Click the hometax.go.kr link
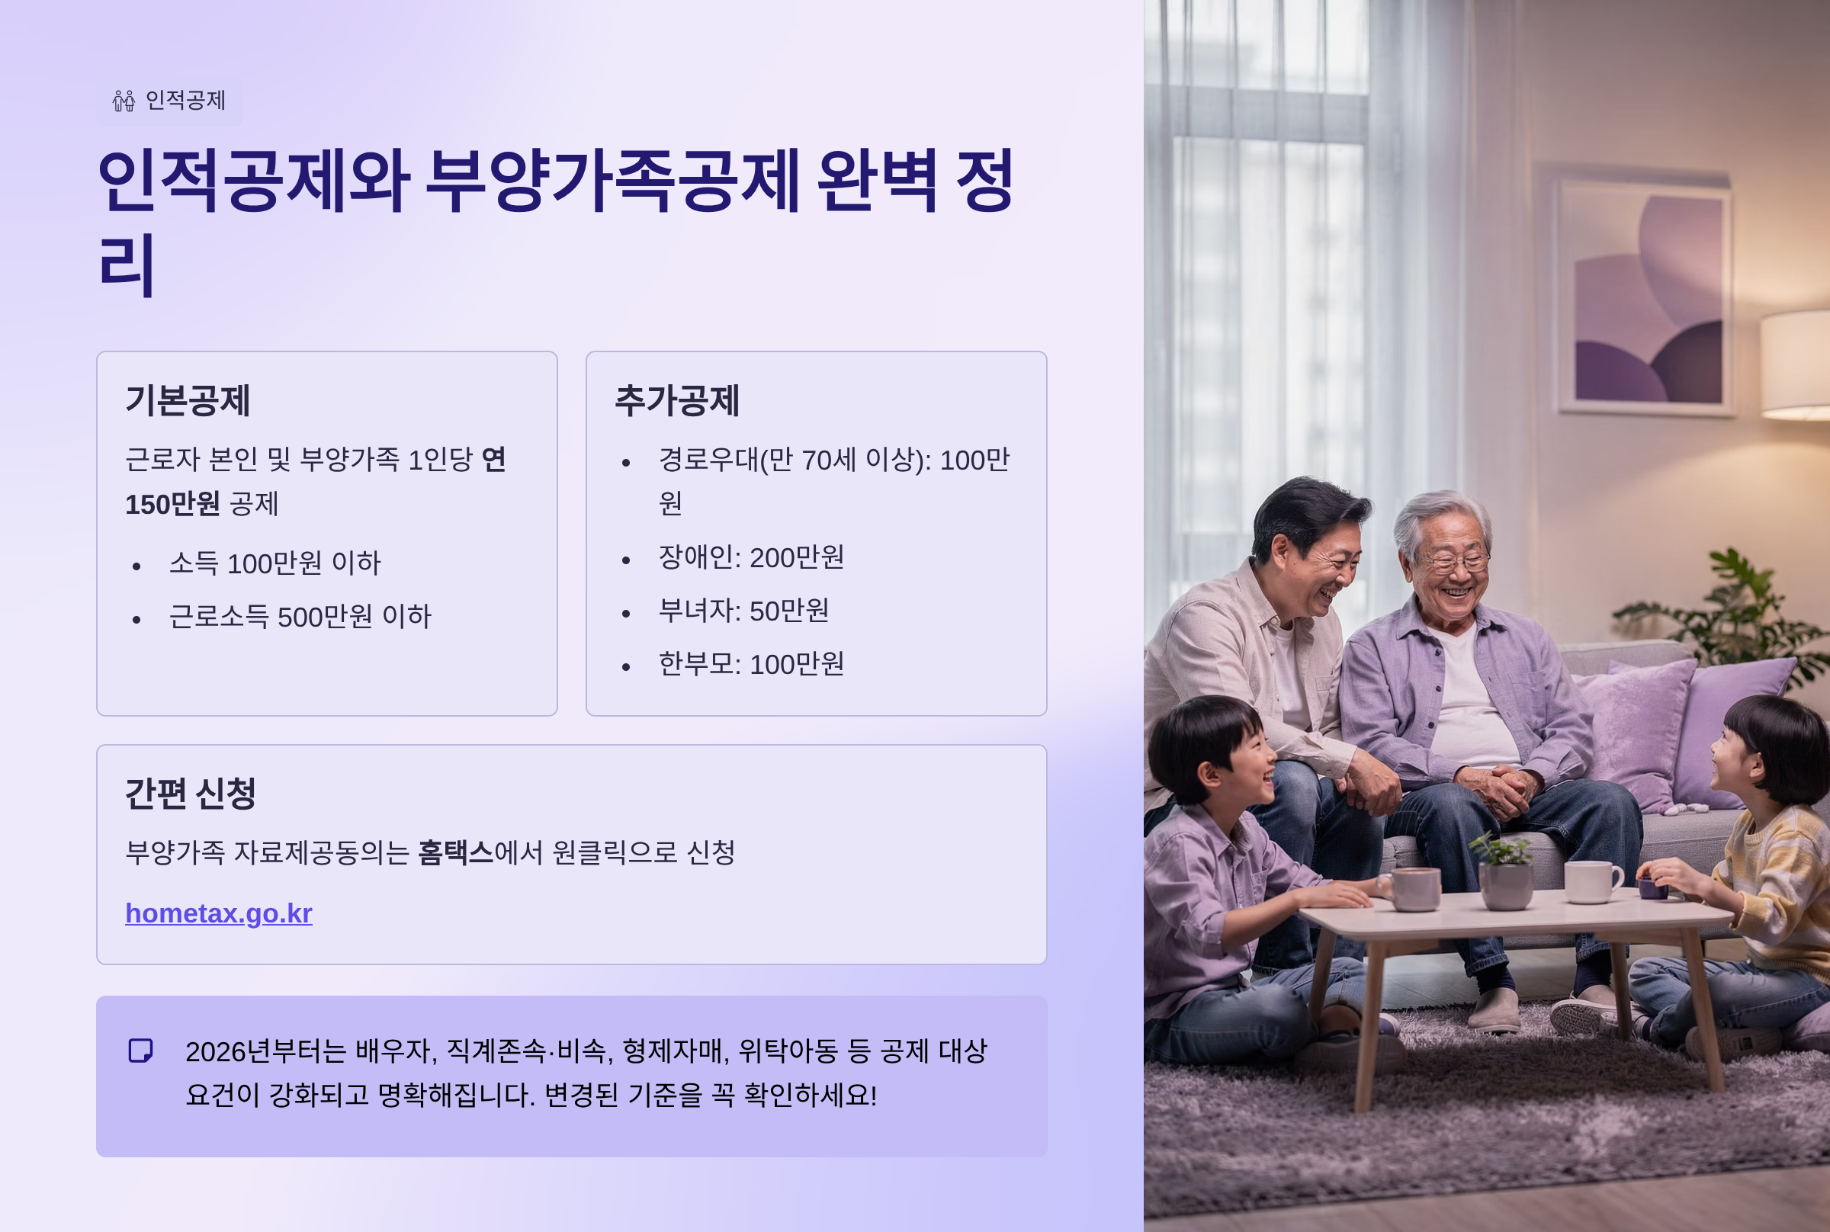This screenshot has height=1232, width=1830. tap(218, 913)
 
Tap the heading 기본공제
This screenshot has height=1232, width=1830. tap(188, 400)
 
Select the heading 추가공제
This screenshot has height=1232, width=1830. tap(676, 400)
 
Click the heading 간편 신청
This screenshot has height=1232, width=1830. tap(191, 793)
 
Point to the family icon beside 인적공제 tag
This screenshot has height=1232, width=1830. tap(124, 101)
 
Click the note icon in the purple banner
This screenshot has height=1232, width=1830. tap(140, 1051)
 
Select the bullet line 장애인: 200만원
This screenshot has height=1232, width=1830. tap(751, 557)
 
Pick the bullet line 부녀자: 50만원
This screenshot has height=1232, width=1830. tap(743, 611)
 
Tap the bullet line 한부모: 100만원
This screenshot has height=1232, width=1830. tap(751, 664)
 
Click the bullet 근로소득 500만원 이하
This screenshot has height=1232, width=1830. tap(300, 617)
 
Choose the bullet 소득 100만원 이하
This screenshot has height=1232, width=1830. tap(275, 563)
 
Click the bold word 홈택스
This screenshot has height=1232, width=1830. tap(456, 852)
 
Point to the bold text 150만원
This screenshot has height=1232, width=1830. tap(172, 505)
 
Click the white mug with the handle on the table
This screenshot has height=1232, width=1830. tap(1592, 881)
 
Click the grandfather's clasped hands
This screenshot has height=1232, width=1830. tap(1503, 791)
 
